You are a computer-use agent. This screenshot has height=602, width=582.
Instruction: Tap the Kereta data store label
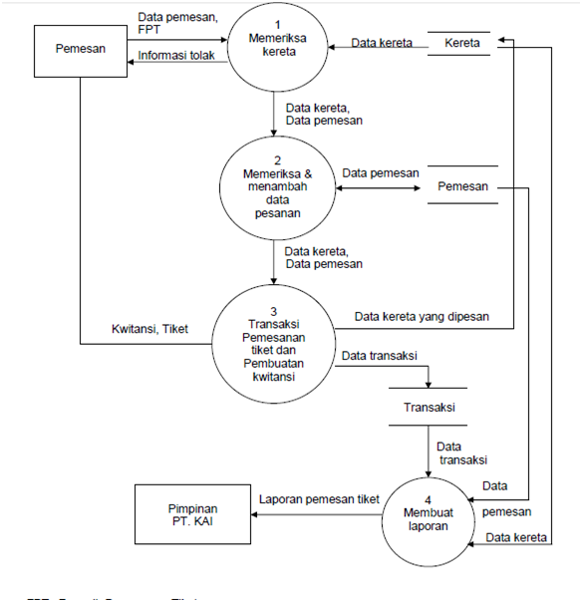(x=461, y=44)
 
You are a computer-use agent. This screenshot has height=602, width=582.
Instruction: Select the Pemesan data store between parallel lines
(x=461, y=186)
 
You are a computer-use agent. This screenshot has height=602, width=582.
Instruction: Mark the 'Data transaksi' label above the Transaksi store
(x=379, y=355)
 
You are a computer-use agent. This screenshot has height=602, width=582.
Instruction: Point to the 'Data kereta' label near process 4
(x=516, y=538)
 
